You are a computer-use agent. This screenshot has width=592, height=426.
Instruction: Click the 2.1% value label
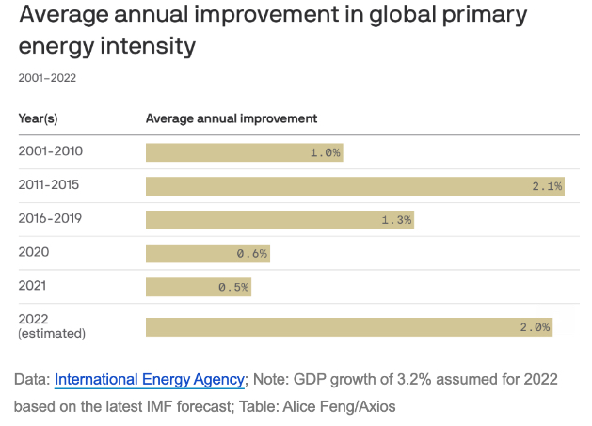tap(547, 186)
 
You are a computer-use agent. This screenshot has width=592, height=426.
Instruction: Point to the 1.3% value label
tap(396, 219)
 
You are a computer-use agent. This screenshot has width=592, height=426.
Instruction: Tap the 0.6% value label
tap(252, 253)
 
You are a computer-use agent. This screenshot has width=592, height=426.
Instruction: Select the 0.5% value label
tap(233, 287)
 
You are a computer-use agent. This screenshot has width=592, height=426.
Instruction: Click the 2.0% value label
tap(535, 326)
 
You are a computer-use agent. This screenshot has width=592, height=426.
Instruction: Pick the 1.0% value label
tap(326, 152)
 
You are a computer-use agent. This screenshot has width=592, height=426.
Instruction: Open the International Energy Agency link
tap(150, 380)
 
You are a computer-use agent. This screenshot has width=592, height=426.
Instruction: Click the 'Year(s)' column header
tap(39, 118)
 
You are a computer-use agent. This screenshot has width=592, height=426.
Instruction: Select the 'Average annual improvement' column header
tap(231, 118)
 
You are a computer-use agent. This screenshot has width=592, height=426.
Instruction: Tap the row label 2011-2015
tap(50, 185)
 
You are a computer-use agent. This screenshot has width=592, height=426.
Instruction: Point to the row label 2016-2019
tap(50, 219)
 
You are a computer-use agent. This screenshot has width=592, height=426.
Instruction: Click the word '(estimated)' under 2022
tap(52, 334)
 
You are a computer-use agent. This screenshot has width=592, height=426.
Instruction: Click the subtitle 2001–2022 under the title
tap(47, 78)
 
